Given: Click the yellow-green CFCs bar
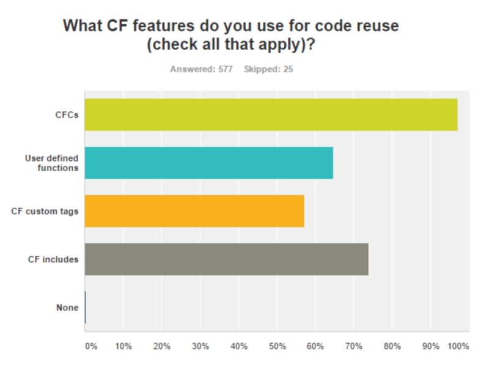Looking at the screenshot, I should [x=271, y=114].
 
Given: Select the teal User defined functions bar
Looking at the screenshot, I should [x=208, y=163].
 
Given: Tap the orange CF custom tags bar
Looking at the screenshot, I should [x=194, y=211].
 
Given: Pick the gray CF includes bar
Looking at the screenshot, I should [x=226, y=259].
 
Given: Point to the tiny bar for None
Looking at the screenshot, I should [x=86, y=307].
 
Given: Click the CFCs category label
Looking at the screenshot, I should [x=66, y=115].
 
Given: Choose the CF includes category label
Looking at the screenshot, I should [x=53, y=259].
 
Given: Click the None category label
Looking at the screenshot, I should [x=67, y=307].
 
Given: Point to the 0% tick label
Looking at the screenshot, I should [x=90, y=346].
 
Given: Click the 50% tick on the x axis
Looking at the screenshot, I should [x=277, y=346].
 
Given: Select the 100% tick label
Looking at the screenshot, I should [x=458, y=346].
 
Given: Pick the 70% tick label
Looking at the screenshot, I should [x=354, y=346].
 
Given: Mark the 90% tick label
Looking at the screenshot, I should [x=431, y=346].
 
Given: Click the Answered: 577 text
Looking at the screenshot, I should [x=201, y=69].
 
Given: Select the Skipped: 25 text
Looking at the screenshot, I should [x=268, y=69].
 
